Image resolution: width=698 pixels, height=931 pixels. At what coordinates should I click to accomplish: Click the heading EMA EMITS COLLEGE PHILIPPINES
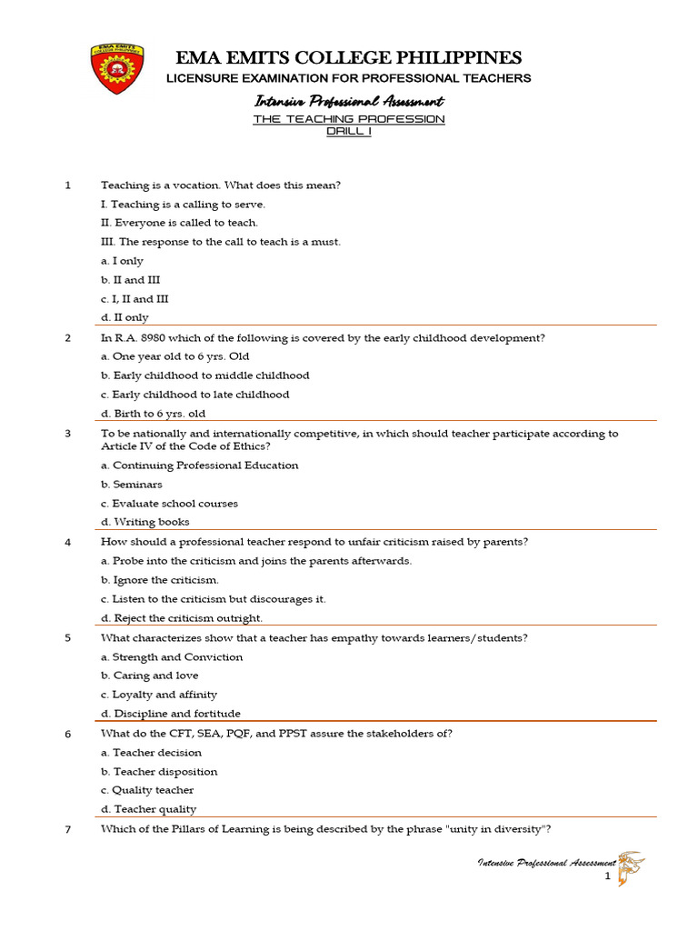[348, 57]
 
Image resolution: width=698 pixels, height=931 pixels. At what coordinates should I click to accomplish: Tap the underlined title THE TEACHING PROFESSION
[348, 119]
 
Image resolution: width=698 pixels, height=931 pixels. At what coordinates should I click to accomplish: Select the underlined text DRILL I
[348, 131]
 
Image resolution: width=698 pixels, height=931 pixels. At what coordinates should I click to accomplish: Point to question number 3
[67, 434]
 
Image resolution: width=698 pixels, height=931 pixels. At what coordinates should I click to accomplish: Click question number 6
[67, 734]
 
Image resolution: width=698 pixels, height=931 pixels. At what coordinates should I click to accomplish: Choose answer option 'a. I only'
[122, 261]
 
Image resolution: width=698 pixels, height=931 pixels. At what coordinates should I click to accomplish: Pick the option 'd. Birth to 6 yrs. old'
[153, 414]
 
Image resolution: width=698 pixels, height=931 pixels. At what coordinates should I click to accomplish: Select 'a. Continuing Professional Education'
[199, 465]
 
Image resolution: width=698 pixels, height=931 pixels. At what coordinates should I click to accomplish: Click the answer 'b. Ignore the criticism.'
[159, 580]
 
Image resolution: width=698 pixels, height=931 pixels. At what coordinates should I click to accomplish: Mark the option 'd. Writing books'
[145, 522]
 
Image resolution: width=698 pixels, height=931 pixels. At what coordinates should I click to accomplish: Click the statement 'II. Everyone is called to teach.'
[179, 223]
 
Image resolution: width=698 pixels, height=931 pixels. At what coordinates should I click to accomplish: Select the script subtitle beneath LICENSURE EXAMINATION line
[348, 101]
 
